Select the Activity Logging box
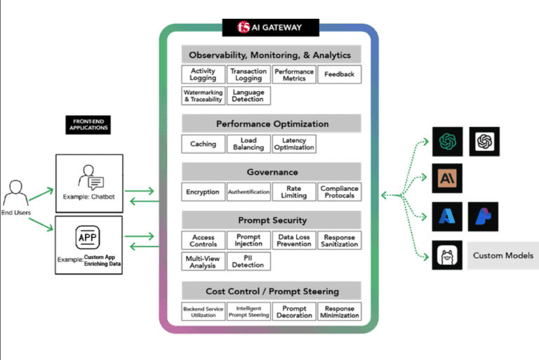click(x=203, y=74)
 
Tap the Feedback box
click(x=339, y=74)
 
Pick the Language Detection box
click(x=248, y=96)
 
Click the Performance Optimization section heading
click(x=272, y=124)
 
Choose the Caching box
click(x=203, y=144)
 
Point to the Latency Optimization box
click(x=294, y=144)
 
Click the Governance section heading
click(x=272, y=172)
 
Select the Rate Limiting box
click(x=294, y=192)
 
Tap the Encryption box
click(x=203, y=192)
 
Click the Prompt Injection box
click(x=248, y=241)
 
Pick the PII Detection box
click(x=248, y=261)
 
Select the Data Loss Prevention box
click(x=294, y=241)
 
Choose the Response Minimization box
click(x=339, y=312)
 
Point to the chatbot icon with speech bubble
click(x=90, y=177)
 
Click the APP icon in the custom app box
click(x=88, y=237)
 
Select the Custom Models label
click(x=503, y=255)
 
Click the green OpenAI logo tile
click(x=446, y=141)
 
